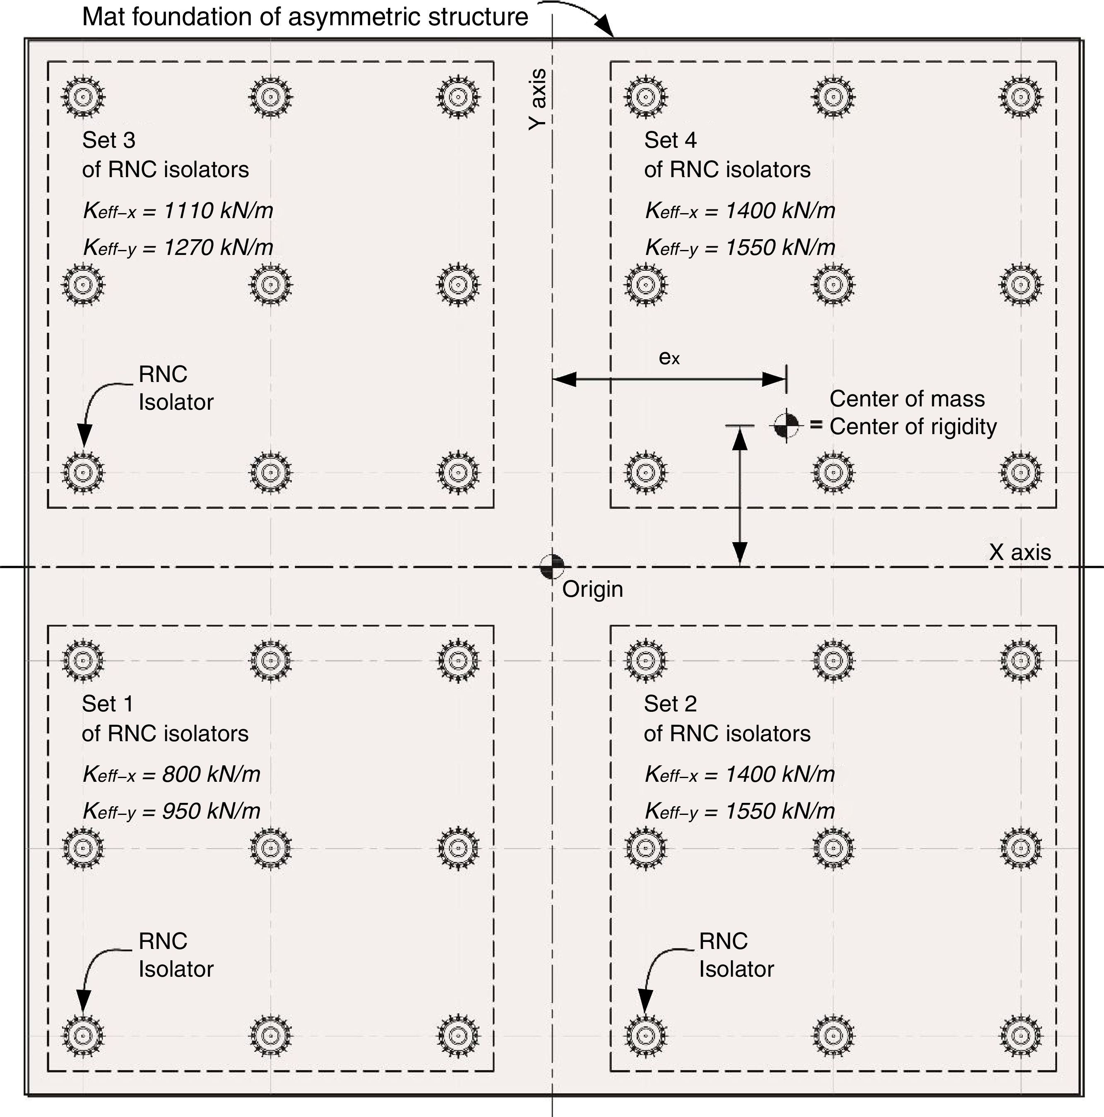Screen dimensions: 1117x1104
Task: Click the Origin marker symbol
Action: (552, 567)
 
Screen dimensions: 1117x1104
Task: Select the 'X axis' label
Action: (1020, 552)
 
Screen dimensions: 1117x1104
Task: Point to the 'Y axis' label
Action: (538, 99)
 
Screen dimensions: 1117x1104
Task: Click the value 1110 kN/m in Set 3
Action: (218, 211)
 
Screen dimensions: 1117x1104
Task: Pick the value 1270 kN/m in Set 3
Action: (218, 247)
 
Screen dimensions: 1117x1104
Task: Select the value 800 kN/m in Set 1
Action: (211, 774)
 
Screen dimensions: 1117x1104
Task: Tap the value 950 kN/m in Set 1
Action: (211, 811)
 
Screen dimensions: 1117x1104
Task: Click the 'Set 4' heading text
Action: (670, 140)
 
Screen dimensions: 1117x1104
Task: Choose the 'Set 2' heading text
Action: (670, 704)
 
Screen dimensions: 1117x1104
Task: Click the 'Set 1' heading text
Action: (108, 704)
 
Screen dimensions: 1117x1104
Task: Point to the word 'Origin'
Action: (593, 589)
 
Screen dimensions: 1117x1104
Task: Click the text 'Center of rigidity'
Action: (913, 427)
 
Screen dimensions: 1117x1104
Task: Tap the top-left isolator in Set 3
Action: (83, 96)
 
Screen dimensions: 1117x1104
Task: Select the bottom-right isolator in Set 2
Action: (1021, 1034)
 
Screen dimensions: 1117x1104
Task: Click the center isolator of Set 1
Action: (271, 848)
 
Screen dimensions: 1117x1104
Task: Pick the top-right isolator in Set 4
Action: (1021, 96)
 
